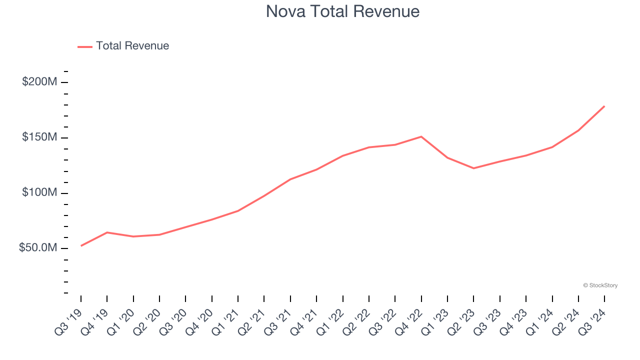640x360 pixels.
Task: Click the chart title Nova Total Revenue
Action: point(342,11)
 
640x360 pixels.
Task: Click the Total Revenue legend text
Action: point(132,46)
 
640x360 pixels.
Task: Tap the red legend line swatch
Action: point(85,46)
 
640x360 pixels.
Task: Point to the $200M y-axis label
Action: point(39,82)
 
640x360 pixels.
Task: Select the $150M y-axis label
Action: point(39,137)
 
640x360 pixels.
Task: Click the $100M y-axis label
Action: point(39,193)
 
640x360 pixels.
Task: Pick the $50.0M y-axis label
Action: point(38,248)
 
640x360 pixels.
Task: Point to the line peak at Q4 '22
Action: point(421,136)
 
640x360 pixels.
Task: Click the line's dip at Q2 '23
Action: point(473,168)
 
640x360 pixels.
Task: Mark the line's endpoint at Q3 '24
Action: point(604,106)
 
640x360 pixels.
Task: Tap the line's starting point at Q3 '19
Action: point(81,245)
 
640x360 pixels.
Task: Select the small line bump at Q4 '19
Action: point(107,232)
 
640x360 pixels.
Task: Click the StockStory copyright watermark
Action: point(600,285)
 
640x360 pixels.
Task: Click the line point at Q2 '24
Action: point(578,130)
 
